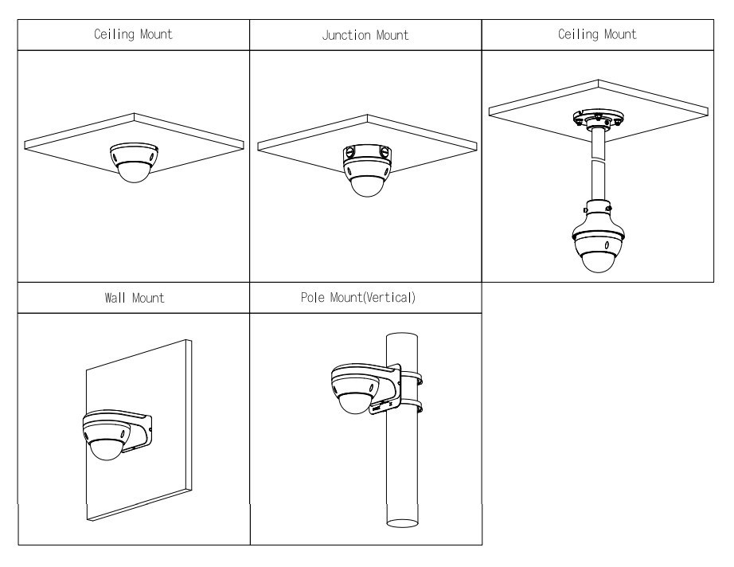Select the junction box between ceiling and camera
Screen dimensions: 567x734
[365, 153]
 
